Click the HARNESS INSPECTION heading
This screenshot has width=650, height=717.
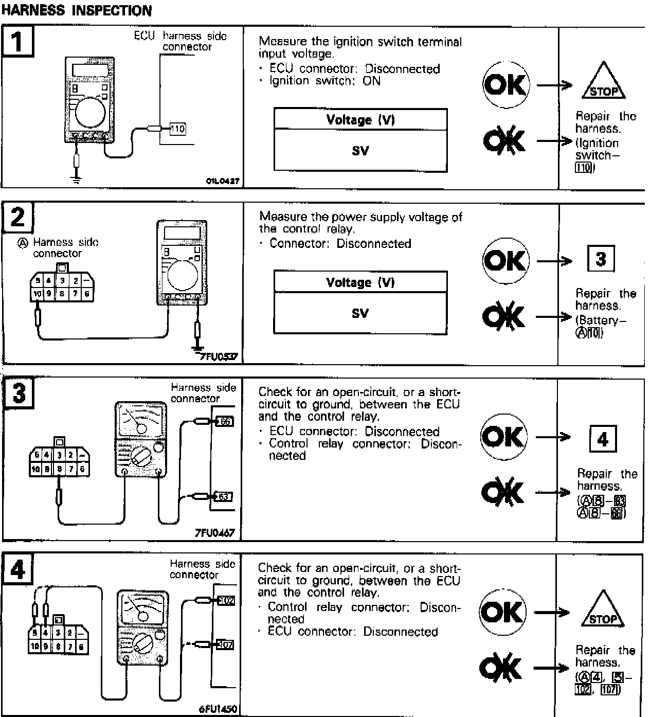(x=77, y=10)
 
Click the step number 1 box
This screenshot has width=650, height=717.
(x=18, y=41)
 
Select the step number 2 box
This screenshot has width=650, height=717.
(x=18, y=217)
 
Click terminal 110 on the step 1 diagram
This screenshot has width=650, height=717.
(x=177, y=129)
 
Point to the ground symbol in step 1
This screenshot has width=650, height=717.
(x=77, y=180)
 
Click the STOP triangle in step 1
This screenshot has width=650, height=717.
(x=604, y=82)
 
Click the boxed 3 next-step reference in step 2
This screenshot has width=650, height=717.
(x=601, y=259)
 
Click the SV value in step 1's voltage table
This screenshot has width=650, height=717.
(x=360, y=151)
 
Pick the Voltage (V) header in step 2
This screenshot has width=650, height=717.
(x=360, y=282)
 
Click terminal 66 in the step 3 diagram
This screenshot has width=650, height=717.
(x=225, y=422)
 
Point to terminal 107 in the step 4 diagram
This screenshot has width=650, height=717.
(x=225, y=644)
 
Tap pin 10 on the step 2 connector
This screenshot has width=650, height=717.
(x=37, y=294)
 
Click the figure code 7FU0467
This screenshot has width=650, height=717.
(x=214, y=533)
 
